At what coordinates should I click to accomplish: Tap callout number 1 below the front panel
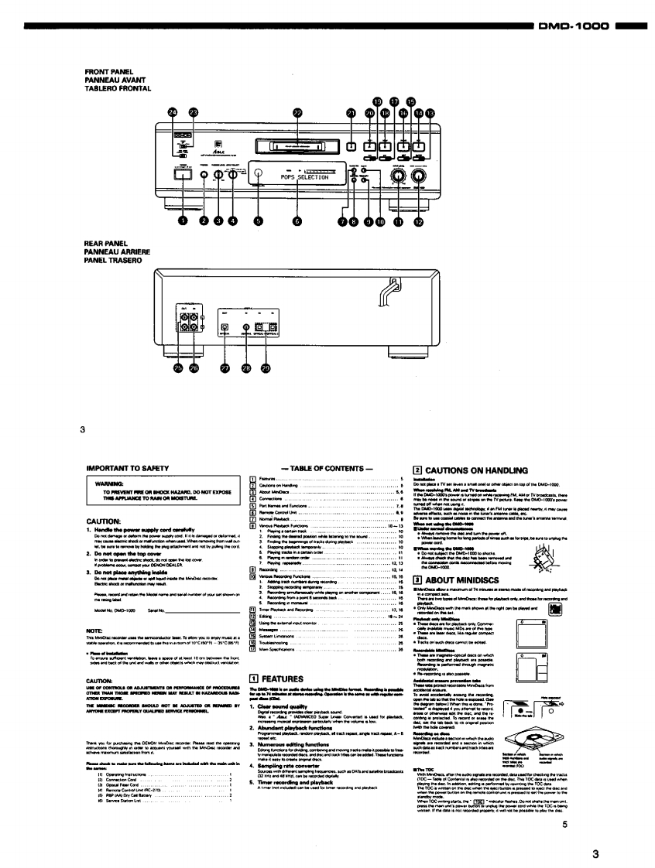(x=183, y=221)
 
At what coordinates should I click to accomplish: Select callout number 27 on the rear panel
(x=225, y=368)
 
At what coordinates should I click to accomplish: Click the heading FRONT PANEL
(x=104, y=73)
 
